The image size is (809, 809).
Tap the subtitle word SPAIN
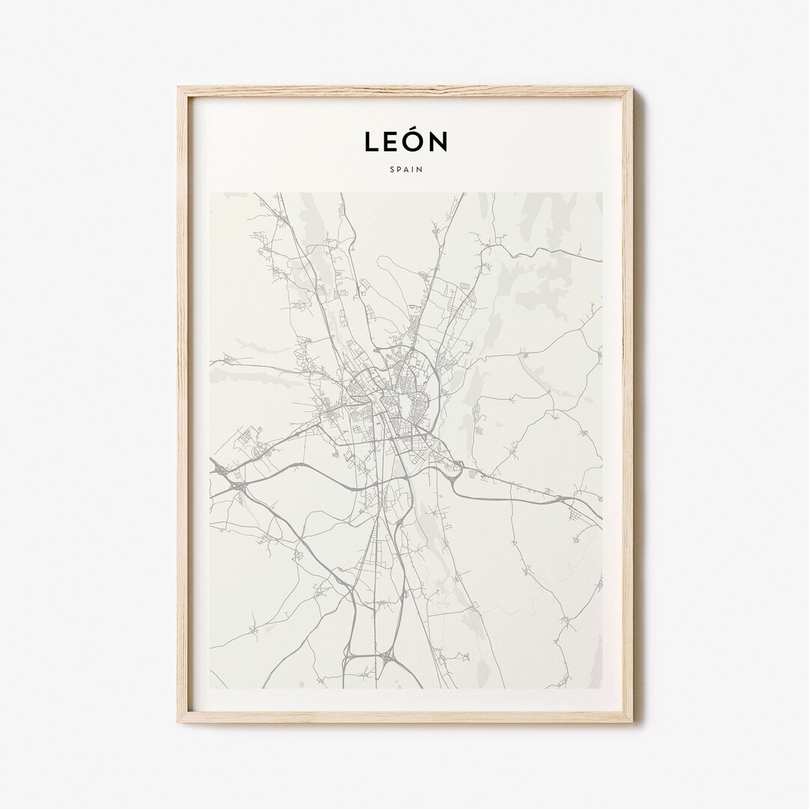405,169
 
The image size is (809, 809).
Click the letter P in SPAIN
398,169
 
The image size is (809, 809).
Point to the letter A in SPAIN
405,169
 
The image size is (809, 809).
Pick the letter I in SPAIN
412,169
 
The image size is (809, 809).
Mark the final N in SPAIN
419,169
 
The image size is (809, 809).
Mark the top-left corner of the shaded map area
210,193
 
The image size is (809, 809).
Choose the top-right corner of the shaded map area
602,193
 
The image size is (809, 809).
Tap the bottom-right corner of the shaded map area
602,688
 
